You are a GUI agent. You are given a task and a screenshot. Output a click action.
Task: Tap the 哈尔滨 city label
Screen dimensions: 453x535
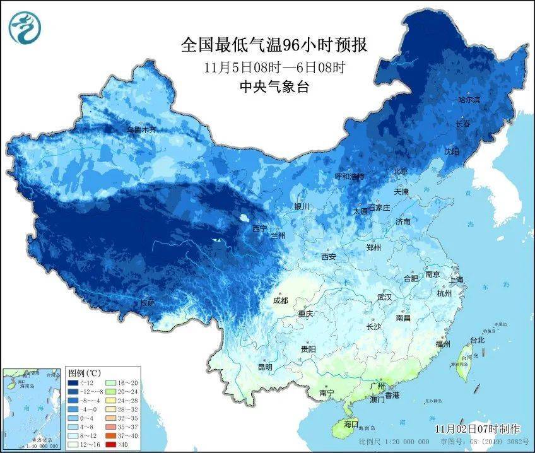(x=469, y=100)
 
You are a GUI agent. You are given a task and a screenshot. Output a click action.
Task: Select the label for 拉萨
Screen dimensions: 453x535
(x=147, y=303)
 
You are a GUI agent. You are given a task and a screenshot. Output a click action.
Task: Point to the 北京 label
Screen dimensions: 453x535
(x=401, y=171)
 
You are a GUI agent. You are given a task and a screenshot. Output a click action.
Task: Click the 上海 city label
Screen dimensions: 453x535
(x=456, y=279)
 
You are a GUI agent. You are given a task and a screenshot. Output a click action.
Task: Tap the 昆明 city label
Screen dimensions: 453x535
(x=265, y=367)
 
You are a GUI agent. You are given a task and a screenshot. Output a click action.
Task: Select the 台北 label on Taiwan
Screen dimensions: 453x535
(x=477, y=340)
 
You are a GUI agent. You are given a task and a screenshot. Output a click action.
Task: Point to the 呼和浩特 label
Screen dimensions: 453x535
(x=349, y=176)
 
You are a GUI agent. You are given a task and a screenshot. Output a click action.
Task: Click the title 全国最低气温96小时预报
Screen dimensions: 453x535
(x=274, y=45)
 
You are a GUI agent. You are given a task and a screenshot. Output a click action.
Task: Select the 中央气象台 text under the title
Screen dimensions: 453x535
(x=274, y=88)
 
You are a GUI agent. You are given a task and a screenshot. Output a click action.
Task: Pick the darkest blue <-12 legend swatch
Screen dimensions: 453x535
(x=74, y=382)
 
